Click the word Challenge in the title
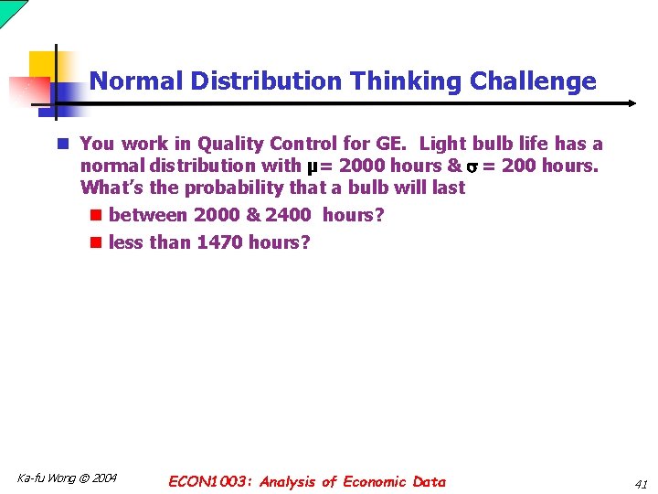pos(532,81)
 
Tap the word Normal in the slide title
pos(137,81)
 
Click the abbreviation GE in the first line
pos(389,144)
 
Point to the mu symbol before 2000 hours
pos(313,166)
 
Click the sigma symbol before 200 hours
pos(472,166)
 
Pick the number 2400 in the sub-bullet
pos(288,216)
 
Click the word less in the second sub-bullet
pos(126,242)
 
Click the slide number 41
pos(640,484)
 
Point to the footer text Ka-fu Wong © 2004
pos(67,478)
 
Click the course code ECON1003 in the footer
pos(211,482)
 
